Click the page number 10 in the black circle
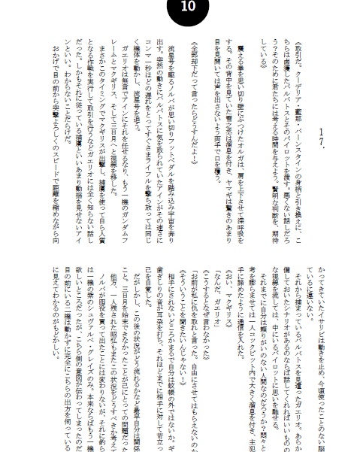pyautogui.click(x=180, y=10)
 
